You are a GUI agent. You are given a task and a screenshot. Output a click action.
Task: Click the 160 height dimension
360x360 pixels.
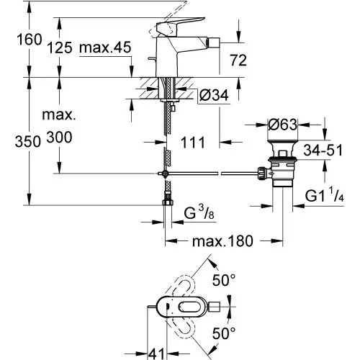pyautogui.click(x=30, y=40)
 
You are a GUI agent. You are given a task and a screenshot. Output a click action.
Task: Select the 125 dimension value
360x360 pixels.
pyautogui.click(x=60, y=48)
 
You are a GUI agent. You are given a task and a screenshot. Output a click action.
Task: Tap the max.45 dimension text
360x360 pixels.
pyautogui.click(x=105, y=47)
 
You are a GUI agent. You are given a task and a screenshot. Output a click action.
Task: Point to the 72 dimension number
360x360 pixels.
pyautogui.click(x=238, y=60)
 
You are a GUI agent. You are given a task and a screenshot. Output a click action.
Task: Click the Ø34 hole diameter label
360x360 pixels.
pyautogui.click(x=214, y=95)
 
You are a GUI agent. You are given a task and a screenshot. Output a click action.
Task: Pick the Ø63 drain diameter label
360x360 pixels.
pyautogui.click(x=282, y=125)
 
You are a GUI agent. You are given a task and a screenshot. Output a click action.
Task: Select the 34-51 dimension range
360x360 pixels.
pyautogui.click(x=323, y=150)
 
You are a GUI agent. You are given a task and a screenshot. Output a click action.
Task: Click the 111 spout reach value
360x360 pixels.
pyautogui.click(x=193, y=143)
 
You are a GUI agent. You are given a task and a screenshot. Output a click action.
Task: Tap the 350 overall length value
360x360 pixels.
pyautogui.click(x=28, y=141)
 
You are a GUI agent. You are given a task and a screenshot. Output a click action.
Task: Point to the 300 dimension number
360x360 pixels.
pyautogui.click(x=59, y=138)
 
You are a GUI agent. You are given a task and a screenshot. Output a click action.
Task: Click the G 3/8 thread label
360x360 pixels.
pyautogui.click(x=199, y=212)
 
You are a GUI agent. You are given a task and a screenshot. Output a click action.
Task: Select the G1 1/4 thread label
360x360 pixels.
pyautogui.click(x=325, y=196)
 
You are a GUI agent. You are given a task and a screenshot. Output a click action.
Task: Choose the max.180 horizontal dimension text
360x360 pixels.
pyautogui.click(x=222, y=241)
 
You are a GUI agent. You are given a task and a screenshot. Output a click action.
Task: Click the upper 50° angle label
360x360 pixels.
pyautogui.click(x=224, y=280)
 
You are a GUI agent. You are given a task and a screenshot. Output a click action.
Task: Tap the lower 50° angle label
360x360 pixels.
pyautogui.click(x=224, y=333)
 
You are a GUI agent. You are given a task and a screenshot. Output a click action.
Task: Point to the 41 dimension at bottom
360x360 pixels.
pyautogui.click(x=156, y=354)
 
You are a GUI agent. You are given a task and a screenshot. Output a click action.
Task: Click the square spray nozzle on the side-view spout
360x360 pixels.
pyautogui.click(x=215, y=42)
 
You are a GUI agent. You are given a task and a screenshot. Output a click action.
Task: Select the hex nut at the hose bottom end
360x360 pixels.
pyautogui.click(x=168, y=202)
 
